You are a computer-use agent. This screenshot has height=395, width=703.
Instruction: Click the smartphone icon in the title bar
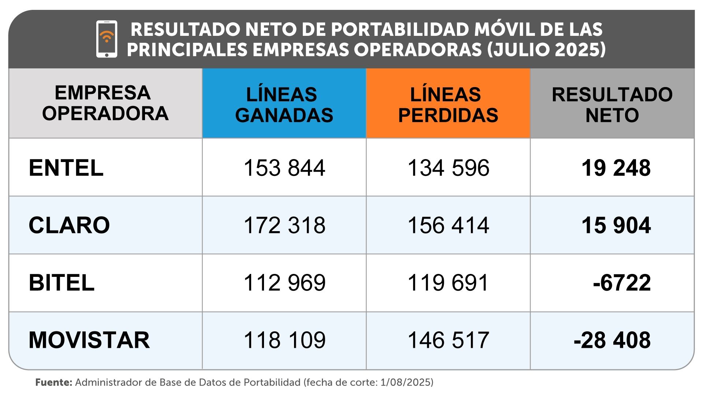pos(107,39)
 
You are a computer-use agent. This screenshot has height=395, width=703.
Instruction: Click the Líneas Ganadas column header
pos(284,105)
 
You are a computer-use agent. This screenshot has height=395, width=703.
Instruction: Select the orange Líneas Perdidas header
pos(448,105)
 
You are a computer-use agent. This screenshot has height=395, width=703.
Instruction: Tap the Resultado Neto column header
pos(612,105)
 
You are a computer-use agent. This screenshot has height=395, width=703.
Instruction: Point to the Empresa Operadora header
pos(105,103)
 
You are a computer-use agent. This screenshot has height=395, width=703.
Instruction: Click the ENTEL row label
pos(66,168)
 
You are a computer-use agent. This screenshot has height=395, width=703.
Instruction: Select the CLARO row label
pos(69,225)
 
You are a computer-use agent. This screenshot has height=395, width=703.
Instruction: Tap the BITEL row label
pos(62,283)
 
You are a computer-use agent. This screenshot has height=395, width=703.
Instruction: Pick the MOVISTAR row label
pos(89,340)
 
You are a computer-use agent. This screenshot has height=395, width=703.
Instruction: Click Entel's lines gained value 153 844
pos(284,168)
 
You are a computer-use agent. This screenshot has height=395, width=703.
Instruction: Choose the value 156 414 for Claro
pos(448,225)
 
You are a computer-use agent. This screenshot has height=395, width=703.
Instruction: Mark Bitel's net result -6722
pos(622,283)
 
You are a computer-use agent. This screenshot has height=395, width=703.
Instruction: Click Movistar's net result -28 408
pos(612,340)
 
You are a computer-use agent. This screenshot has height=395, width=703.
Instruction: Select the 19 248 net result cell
pos(616,168)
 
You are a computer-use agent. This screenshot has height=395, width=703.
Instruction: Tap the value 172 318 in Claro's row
pos(284,225)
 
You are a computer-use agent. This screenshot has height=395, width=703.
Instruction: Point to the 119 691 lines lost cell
pos(448,283)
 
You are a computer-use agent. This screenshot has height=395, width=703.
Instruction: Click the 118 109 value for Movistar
pos(284,340)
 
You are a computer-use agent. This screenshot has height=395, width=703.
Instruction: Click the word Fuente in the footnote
pos(53,383)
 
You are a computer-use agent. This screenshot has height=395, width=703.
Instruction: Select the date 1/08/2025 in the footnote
pos(405,383)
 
